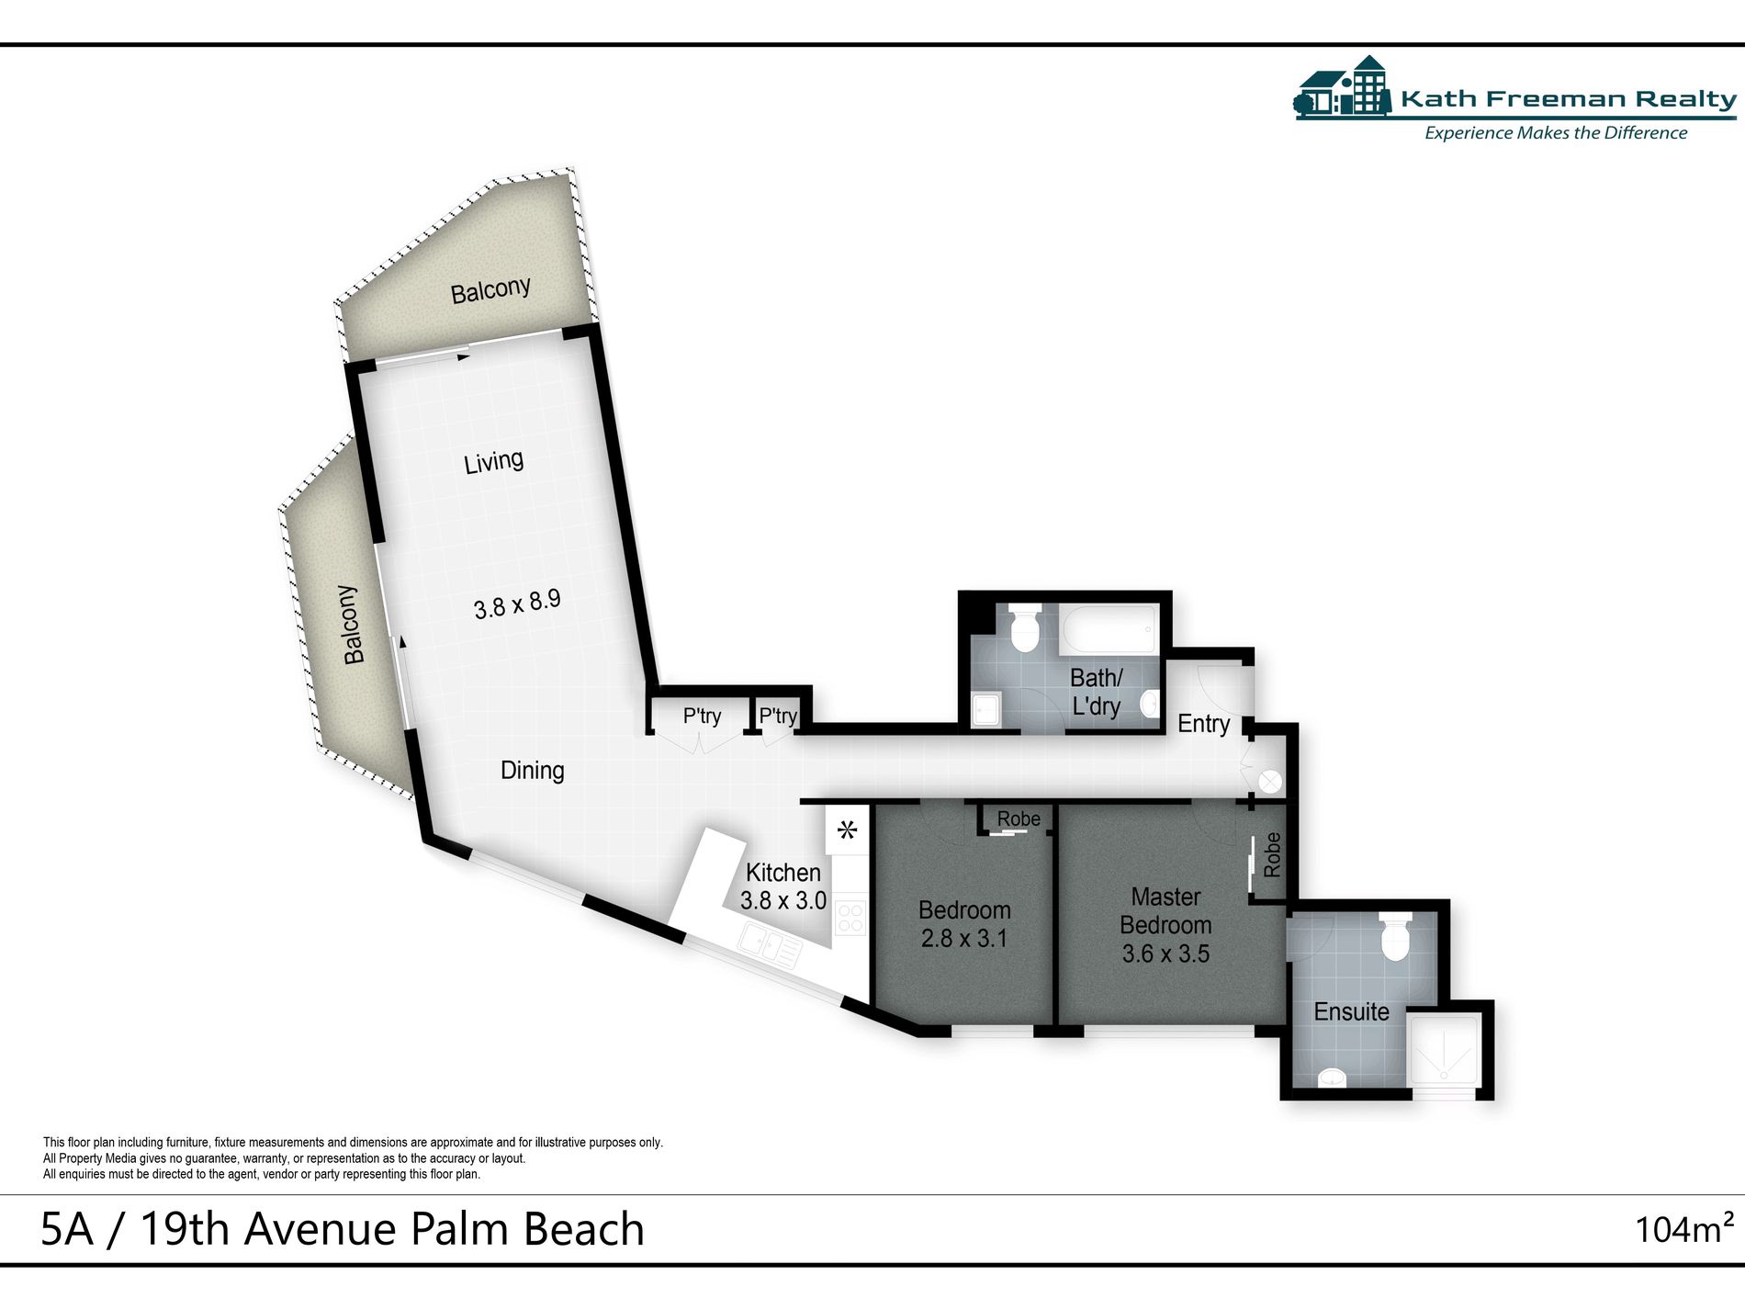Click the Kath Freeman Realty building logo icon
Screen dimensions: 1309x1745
coord(1343,87)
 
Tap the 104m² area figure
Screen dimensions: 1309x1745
coord(1683,1229)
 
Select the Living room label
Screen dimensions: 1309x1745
coord(493,461)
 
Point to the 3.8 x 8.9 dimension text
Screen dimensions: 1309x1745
coord(516,604)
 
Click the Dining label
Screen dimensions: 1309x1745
coord(532,770)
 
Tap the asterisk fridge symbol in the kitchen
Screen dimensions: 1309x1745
coord(847,831)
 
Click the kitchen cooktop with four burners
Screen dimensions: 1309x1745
coord(850,917)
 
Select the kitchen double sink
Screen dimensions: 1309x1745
coord(771,946)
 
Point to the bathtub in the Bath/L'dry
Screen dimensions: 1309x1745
coord(1109,629)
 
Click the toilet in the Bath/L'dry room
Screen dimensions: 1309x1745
coord(1023,627)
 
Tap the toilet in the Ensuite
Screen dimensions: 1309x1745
coord(1395,937)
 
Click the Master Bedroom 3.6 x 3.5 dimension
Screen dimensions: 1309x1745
coord(1165,954)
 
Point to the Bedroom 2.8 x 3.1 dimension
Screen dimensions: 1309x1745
coord(963,939)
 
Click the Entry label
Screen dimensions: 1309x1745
coord(1203,724)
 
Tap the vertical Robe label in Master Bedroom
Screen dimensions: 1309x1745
coord(1272,854)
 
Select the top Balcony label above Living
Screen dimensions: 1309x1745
coord(490,290)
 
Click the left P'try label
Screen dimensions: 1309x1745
coord(702,716)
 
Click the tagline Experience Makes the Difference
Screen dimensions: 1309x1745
coord(1555,133)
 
